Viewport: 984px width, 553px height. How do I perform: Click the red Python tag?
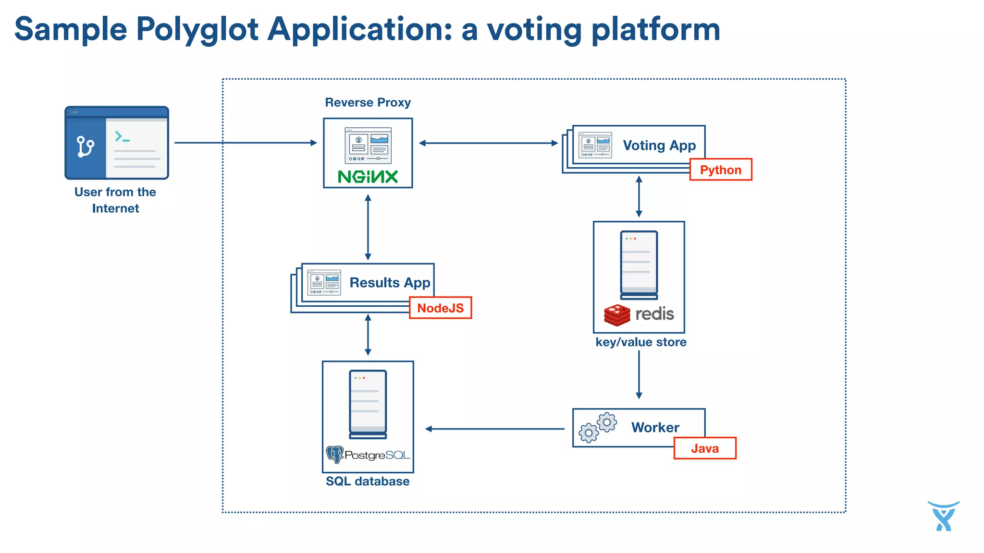point(720,169)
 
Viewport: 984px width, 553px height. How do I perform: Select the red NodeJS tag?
point(440,308)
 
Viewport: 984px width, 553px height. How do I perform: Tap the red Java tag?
point(704,448)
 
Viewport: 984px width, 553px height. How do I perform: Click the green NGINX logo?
point(368,177)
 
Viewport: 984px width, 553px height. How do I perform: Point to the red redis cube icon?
point(617,315)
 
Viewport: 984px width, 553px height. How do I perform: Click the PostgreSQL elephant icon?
point(334,454)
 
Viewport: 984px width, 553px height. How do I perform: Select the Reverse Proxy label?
point(368,102)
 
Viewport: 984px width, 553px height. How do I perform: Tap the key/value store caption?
point(640,342)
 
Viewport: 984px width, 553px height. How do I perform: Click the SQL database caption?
point(368,481)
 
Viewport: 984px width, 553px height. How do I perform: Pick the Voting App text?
point(659,145)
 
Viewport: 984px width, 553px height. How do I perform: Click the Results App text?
point(390,282)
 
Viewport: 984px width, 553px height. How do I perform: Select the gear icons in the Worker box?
point(598,427)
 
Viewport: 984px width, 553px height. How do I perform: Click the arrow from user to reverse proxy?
point(245,143)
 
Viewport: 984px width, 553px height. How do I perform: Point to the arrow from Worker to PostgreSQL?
point(495,429)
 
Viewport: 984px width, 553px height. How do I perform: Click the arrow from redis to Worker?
point(639,374)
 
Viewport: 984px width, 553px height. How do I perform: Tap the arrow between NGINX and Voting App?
point(488,143)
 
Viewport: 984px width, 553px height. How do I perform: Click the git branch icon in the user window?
point(86,147)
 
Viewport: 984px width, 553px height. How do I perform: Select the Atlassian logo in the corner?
point(943,516)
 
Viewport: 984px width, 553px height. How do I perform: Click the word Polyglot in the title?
point(197,30)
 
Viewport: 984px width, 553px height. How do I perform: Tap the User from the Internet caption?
point(115,200)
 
